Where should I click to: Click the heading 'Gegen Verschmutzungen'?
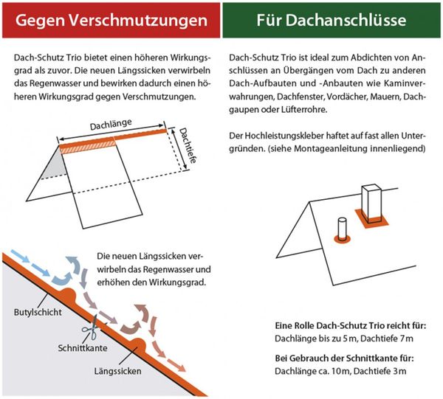click(x=111, y=21)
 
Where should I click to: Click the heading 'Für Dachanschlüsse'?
click(x=332, y=20)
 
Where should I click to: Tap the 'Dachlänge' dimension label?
click(x=111, y=125)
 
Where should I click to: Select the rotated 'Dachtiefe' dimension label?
click(x=188, y=145)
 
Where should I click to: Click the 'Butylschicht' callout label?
click(x=38, y=313)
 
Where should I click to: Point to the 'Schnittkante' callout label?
click(x=83, y=347)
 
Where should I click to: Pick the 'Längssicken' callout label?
click(x=118, y=371)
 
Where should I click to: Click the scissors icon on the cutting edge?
click(x=91, y=327)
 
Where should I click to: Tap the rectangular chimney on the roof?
click(x=371, y=202)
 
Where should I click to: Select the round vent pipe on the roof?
click(x=343, y=229)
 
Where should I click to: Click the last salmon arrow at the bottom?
click(x=176, y=366)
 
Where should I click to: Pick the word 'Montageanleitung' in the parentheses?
click(x=331, y=148)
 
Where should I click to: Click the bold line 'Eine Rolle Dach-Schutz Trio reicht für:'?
click(x=350, y=326)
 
